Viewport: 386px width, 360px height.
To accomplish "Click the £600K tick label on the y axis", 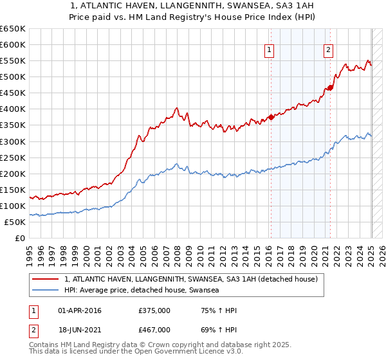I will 13,44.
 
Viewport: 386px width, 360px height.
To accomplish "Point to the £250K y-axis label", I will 13,157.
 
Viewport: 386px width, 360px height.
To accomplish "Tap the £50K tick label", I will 15,222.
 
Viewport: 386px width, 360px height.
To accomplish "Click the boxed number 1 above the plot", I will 269,51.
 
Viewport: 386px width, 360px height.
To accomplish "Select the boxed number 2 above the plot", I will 328,51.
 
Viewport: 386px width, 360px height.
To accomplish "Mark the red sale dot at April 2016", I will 271,117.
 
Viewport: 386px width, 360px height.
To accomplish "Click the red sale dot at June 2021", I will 330,87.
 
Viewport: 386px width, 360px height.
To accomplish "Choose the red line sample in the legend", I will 45,280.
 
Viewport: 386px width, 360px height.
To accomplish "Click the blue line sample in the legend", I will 45,291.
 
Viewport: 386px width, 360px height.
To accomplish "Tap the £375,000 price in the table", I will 154,310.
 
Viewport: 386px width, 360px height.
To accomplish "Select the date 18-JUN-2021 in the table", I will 80,329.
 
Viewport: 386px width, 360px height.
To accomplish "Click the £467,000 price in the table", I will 154,329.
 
